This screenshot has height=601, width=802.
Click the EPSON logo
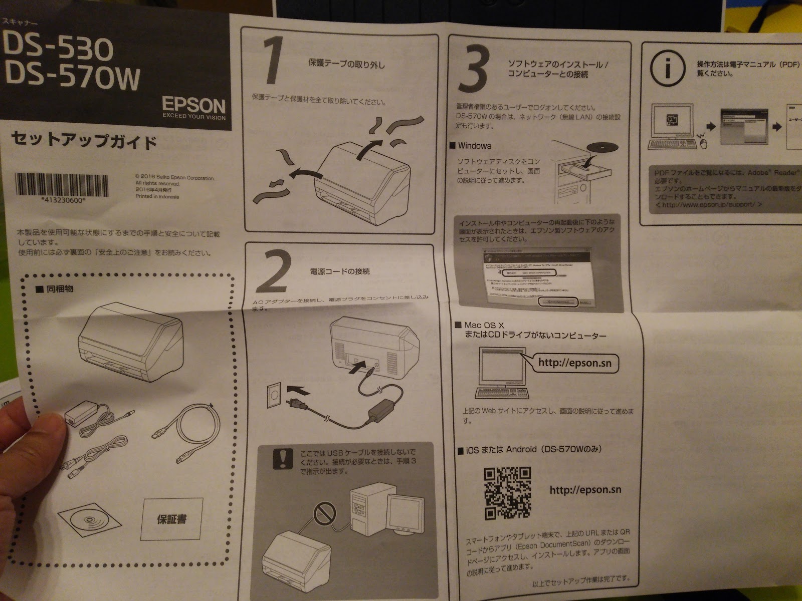[193, 106]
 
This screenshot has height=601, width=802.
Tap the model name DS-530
[58, 48]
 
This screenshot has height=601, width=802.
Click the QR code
[507, 493]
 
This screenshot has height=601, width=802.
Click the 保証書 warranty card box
[173, 518]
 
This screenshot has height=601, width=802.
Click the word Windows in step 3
[474, 146]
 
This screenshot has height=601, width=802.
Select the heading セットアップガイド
[84, 140]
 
